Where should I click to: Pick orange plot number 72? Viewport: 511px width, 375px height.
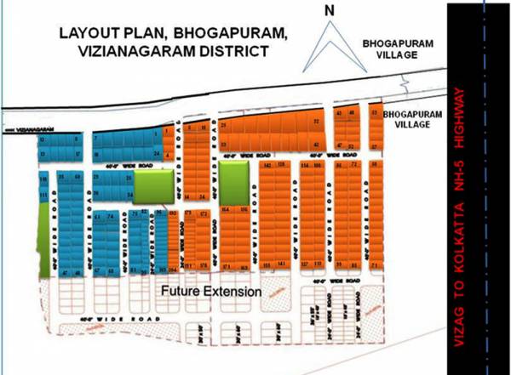tap(353, 165)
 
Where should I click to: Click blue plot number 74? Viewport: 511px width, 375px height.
tap(112, 217)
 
